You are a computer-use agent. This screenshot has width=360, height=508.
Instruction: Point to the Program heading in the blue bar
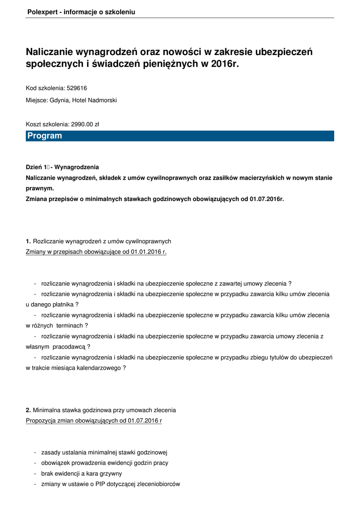click(45, 136)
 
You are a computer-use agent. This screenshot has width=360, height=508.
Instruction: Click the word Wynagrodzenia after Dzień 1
click(80, 167)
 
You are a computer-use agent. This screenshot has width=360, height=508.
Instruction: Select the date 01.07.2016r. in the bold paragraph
click(266, 199)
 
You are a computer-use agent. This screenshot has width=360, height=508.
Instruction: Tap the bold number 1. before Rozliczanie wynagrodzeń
click(28, 241)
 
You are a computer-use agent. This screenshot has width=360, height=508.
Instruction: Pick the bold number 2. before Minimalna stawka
click(28, 410)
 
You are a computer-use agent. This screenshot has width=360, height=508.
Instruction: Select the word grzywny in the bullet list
click(111, 473)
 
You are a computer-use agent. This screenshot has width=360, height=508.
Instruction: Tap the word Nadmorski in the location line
click(102, 100)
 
